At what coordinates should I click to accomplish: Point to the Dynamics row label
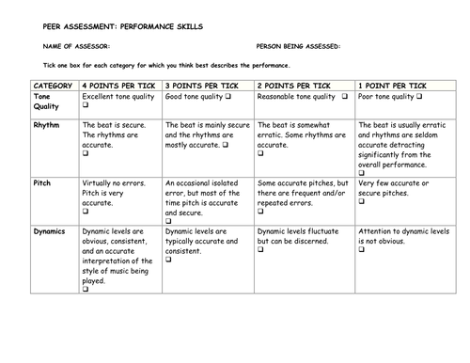(51, 229)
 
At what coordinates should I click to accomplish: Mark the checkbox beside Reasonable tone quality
(345, 97)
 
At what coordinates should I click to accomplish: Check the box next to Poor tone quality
(418, 97)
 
